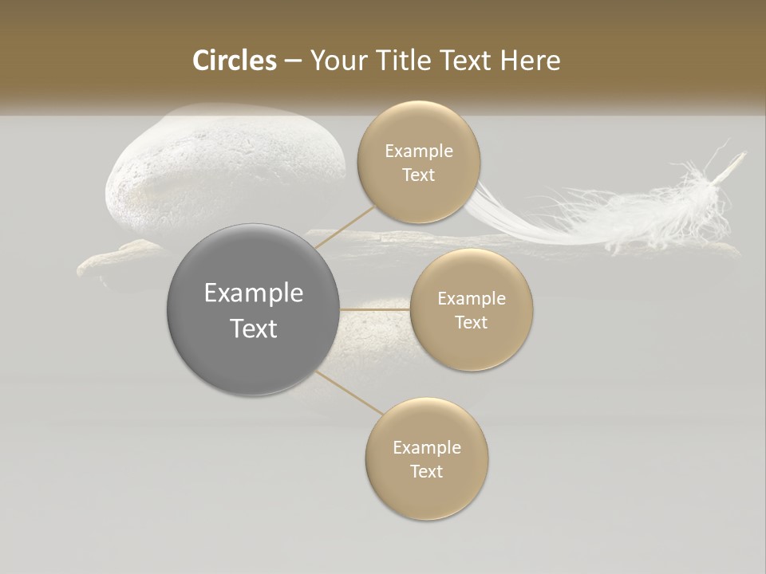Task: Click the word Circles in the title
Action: pyautogui.click(x=235, y=61)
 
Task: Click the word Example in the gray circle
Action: pyautogui.click(x=254, y=293)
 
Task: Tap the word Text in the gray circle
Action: pyautogui.click(x=254, y=328)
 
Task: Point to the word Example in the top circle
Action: pyautogui.click(x=419, y=151)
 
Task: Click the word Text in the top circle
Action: pyautogui.click(x=419, y=175)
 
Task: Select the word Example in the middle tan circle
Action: pyautogui.click(x=472, y=299)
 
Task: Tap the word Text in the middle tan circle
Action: pyautogui.click(x=472, y=323)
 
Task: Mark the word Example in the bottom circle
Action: pyautogui.click(x=427, y=448)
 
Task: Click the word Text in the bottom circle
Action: pyautogui.click(x=427, y=472)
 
